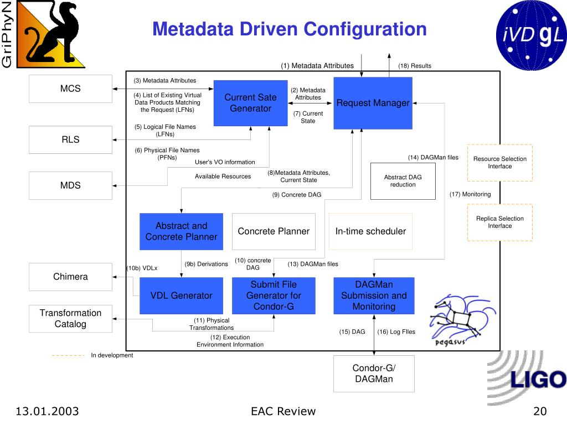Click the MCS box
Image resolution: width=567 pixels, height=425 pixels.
point(70,89)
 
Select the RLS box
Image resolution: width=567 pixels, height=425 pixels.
point(70,139)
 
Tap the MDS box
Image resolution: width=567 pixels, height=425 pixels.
point(70,185)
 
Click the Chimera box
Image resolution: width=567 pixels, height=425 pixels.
point(70,277)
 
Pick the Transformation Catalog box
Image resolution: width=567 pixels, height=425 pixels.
point(70,318)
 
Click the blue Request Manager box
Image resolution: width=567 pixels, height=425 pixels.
point(373,103)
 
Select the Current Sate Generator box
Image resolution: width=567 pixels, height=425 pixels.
point(250,103)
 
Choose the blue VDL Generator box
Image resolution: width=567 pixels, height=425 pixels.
point(181,296)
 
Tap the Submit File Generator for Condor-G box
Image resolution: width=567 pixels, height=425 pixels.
point(274,296)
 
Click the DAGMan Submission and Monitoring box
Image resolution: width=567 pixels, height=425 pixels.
point(374,296)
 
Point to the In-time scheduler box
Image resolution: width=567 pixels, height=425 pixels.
point(370,231)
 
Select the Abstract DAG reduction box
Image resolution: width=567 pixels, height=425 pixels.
point(403,181)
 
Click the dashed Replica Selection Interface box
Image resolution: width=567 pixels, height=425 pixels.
point(499,222)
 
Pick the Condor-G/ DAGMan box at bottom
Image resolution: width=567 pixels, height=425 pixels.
point(374,374)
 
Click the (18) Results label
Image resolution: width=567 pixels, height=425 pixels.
point(414,66)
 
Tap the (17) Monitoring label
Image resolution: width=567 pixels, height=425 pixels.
point(470,194)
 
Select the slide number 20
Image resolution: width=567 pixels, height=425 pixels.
point(540,411)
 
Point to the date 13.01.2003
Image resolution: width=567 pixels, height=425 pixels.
point(47,411)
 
